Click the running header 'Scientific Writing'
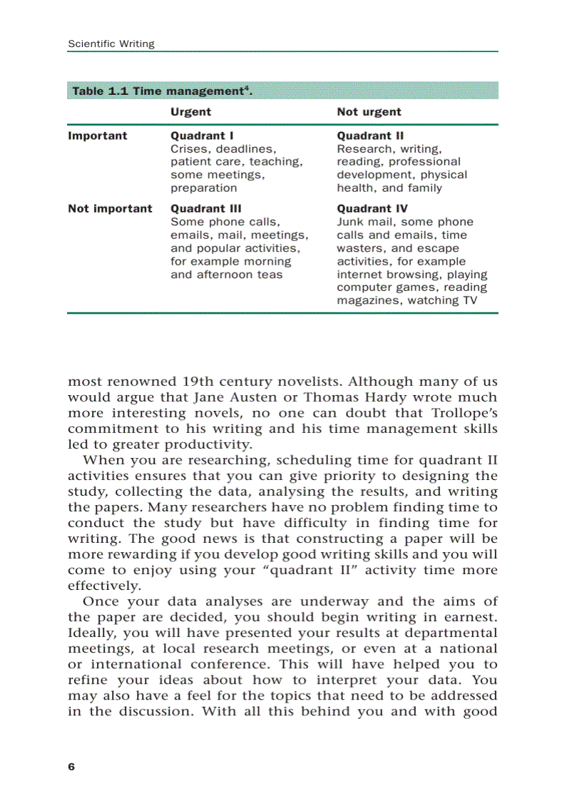[111, 44]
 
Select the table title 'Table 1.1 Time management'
[157, 91]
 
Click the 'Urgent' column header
[190, 112]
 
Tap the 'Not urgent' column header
[369, 112]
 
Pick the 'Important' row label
[98, 136]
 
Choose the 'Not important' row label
[110, 208]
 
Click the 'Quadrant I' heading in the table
[202, 136]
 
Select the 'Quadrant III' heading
[205, 208]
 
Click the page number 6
[71, 767]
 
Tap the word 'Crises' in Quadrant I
[189, 149]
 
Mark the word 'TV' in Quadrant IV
[469, 300]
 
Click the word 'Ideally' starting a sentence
[93, 633]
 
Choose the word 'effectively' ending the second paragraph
[104, 586]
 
